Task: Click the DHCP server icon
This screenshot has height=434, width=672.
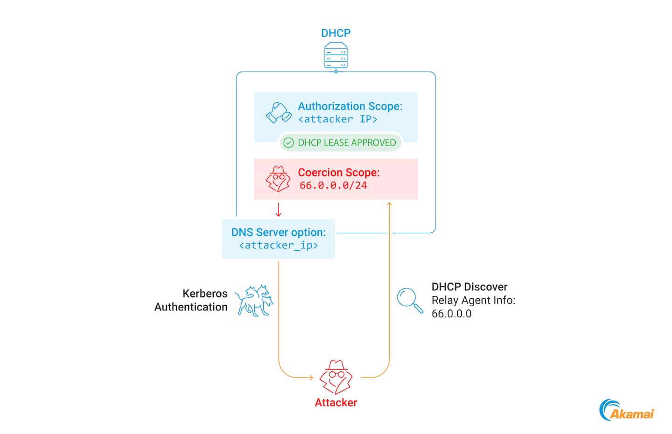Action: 336,56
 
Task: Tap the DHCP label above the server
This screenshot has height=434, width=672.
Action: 336,33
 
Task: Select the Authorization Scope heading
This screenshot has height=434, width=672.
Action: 350,106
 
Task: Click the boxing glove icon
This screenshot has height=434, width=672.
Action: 279,113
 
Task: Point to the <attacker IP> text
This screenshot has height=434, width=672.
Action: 337,119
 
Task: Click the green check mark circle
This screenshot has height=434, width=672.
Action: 289,143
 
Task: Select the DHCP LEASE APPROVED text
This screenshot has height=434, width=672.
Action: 347,143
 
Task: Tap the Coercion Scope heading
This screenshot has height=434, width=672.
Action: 339,173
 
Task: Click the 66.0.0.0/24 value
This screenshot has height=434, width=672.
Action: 333,186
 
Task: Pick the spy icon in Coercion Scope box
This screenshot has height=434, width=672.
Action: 278,179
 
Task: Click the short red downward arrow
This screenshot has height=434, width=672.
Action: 279,210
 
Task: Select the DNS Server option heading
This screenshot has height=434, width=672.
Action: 279,232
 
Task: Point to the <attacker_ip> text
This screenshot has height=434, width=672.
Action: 279,245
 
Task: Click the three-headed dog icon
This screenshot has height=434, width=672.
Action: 254,301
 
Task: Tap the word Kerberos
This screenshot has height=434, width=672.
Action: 205,294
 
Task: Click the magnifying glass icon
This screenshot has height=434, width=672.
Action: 410,300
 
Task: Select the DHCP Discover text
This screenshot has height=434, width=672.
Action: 469,287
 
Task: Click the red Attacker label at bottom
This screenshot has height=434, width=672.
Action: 336,403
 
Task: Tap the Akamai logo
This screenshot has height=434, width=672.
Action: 627,411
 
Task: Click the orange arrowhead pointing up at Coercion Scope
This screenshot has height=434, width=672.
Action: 389,204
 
